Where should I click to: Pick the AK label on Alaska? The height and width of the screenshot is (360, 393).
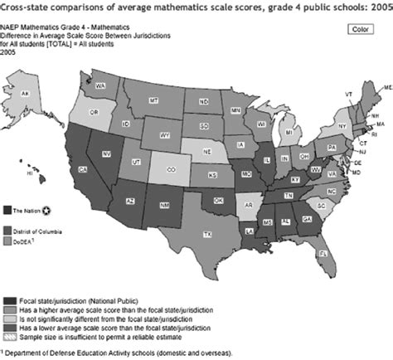click(25, 94)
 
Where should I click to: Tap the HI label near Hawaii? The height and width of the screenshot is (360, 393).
click(31, 175)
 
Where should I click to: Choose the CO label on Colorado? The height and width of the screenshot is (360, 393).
click(171, 168)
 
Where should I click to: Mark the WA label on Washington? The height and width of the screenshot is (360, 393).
click(99, 86)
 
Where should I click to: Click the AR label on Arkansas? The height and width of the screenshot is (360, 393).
click(246, 202)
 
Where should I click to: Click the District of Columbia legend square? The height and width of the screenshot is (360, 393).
click(7, 229)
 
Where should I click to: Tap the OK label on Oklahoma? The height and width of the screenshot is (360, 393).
click(217, 199)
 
